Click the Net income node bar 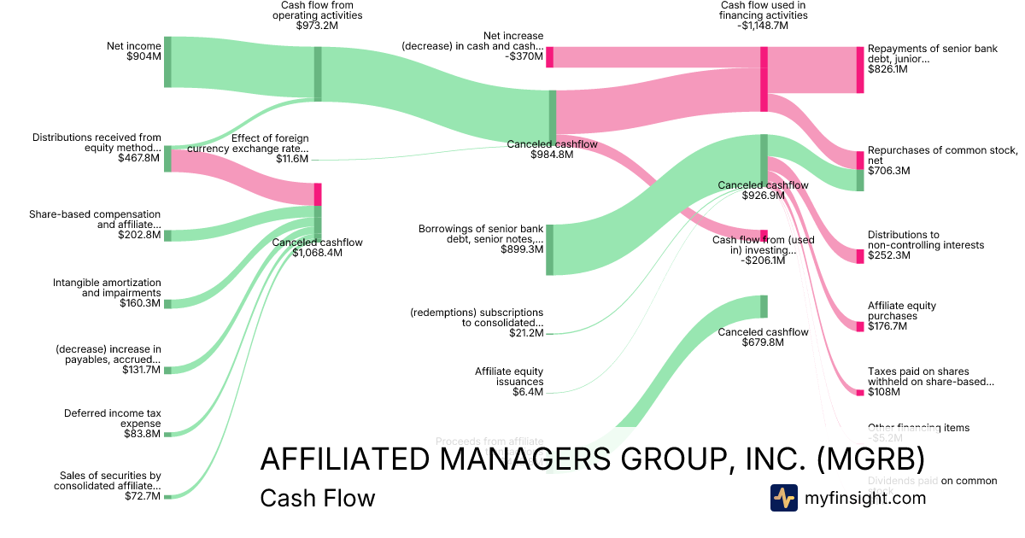[167, 61]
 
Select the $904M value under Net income [143, 57]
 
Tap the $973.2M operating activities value [318, 26]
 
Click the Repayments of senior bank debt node [860, 70]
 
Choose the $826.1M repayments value [887, 69]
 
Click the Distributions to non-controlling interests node [860, 256]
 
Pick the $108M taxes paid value [883, 392]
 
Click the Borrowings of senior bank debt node [550, 249]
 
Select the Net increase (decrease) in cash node [550, 57]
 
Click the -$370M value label [524, 57]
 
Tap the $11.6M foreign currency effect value [292, 159]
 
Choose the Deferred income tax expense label [112, 418]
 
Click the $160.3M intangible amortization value [139, 303]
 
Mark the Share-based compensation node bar [167, 236]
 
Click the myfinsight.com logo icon [783, 498]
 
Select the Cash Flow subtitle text [317, 498]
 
